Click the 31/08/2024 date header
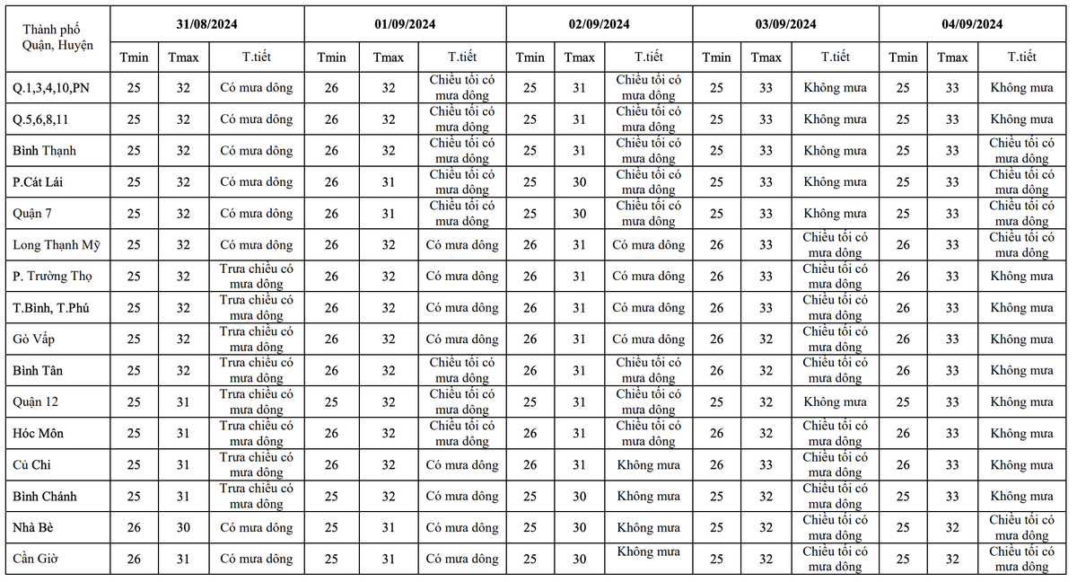click(x=207, y=24)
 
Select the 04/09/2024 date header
click(x=972, y=24)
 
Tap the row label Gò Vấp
click(x=35, y=339)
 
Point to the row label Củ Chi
click(x=32, y=465)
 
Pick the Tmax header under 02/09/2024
click(x=579, y=57)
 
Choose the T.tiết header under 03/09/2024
click(x=835, y=57)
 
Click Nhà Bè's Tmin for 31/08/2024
click(x=134, y=528)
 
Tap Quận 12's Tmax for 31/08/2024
click(x=183, y=402)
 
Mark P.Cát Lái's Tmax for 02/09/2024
click(x=579, y=182)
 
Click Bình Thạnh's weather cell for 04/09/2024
click(x=1021, y=151)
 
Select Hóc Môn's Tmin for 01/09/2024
click(x=331, y=434)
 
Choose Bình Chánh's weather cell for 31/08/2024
click(x=257, y=497)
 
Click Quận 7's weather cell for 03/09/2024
click(x=835, y=214)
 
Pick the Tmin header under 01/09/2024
click(x=331, y=57)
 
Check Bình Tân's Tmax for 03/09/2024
click(x=766, y=371)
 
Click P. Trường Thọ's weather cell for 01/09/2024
click(x=461, y=277)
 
